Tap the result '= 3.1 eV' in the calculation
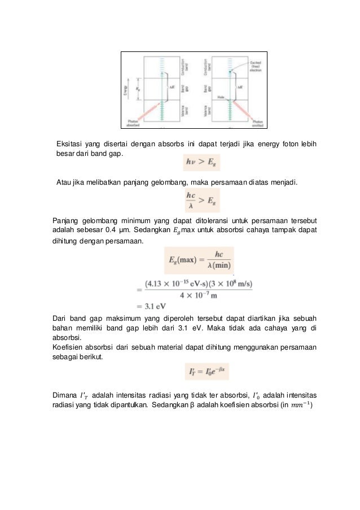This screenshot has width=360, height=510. coord(151,306)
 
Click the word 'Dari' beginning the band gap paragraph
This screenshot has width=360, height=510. coord(59,318)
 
